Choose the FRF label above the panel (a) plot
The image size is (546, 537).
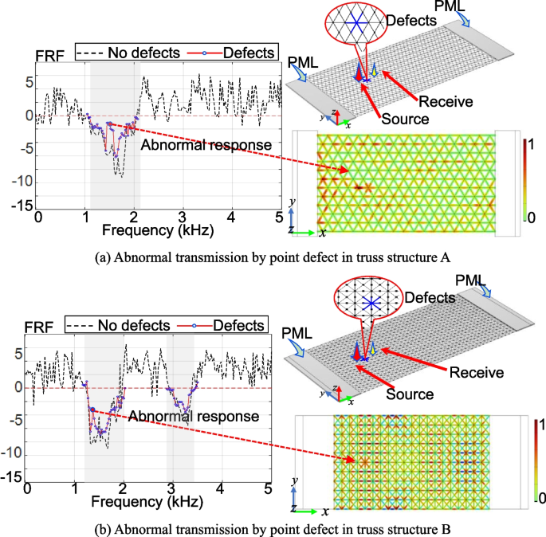click(45, 57)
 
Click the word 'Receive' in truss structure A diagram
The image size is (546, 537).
click(446, 101)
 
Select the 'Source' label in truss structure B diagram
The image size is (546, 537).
click(410, 394)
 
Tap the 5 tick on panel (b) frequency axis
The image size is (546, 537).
click(268, 487)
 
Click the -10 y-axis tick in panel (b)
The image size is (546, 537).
click(14, 451)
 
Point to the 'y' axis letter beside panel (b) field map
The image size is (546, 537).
click(295, 480)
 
